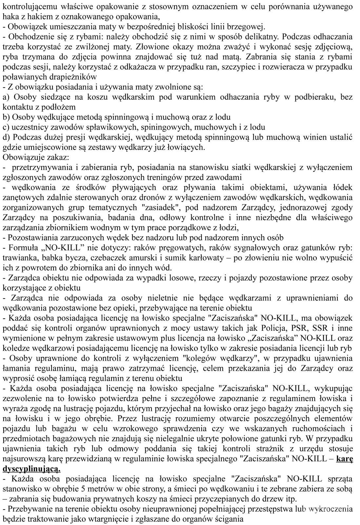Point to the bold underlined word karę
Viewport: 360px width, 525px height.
coord(345,458)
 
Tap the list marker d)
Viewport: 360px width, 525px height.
coord(6,137)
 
